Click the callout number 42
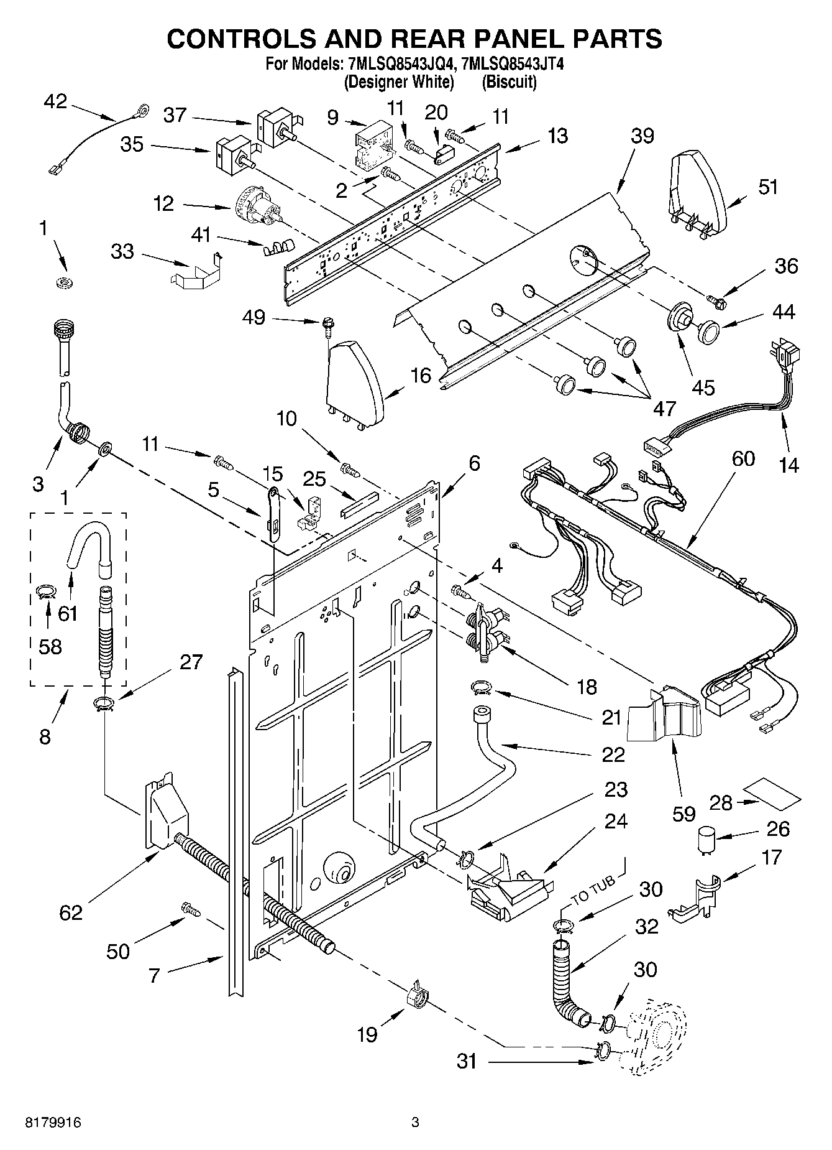[x=55, y=101]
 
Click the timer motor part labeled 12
[x=257, y=208]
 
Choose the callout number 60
[x=743, y=458]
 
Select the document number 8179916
[x=53, y=1122]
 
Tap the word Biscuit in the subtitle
[x=509, y=81]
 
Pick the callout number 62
[x=71, y=912]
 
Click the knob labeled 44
[x=708, y=330]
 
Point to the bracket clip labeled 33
[x=196, y=272]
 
